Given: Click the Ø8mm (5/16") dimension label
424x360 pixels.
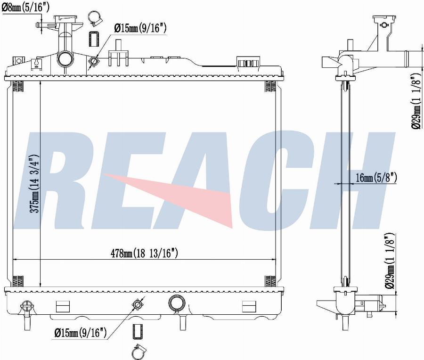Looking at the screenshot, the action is tap(26, 7).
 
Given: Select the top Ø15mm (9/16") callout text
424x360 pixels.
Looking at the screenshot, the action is tap(140, 28).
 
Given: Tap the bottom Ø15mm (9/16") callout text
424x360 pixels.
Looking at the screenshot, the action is tap(80, 332).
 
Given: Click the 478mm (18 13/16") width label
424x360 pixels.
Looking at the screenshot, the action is tap(145, 253).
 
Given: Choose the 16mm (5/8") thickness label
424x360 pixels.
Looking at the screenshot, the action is tap(376, 178).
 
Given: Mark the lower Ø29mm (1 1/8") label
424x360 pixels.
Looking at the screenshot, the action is tap(390, 261).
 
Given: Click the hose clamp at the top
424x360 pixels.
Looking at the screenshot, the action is tap(95, 19).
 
